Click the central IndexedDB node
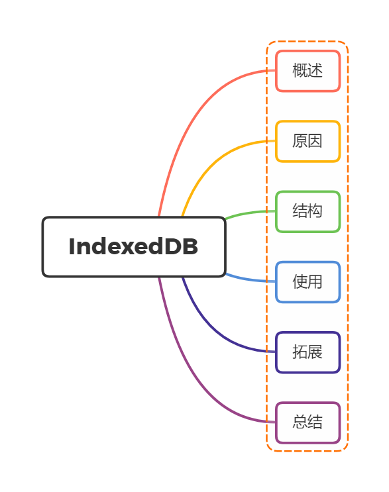click(x=134, y=246)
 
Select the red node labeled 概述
click(x=307, y=71)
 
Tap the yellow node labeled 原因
click(x=307, y=141)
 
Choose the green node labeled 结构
click(x=307, y=211)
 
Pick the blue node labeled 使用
click(x=307, y=281)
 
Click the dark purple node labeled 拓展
click(x=307, y=352)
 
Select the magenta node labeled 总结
click(x=307, y=422)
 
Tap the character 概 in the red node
click(x=300, y=71)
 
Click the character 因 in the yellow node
click(x=315, y=141)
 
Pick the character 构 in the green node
click(x=315, y=211)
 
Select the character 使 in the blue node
click(x=300, y=281)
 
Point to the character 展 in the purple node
click(x=315, y=352)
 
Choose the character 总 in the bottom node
click(x=300, y=422)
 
